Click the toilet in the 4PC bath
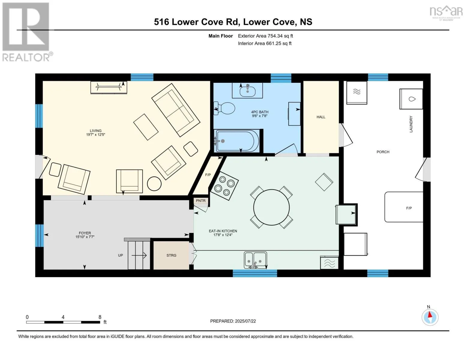coord(224,108)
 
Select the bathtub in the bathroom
coord(237,141)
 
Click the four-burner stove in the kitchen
coord(224,186)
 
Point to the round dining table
coord(272,207)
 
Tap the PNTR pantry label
coord(201,201)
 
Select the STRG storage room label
coord(171,255)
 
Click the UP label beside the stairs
coord(120,255)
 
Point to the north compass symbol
coord(430,317)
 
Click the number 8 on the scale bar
coord(100,317)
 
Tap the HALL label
coord(321,117)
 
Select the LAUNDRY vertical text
coord(411,124)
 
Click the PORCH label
coord(383,152)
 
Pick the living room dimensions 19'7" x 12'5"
coord(96,135)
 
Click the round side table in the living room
coord(154,184)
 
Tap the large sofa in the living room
coord(176,110)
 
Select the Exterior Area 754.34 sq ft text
coord(265,36)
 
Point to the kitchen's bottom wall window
coord(255,273)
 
